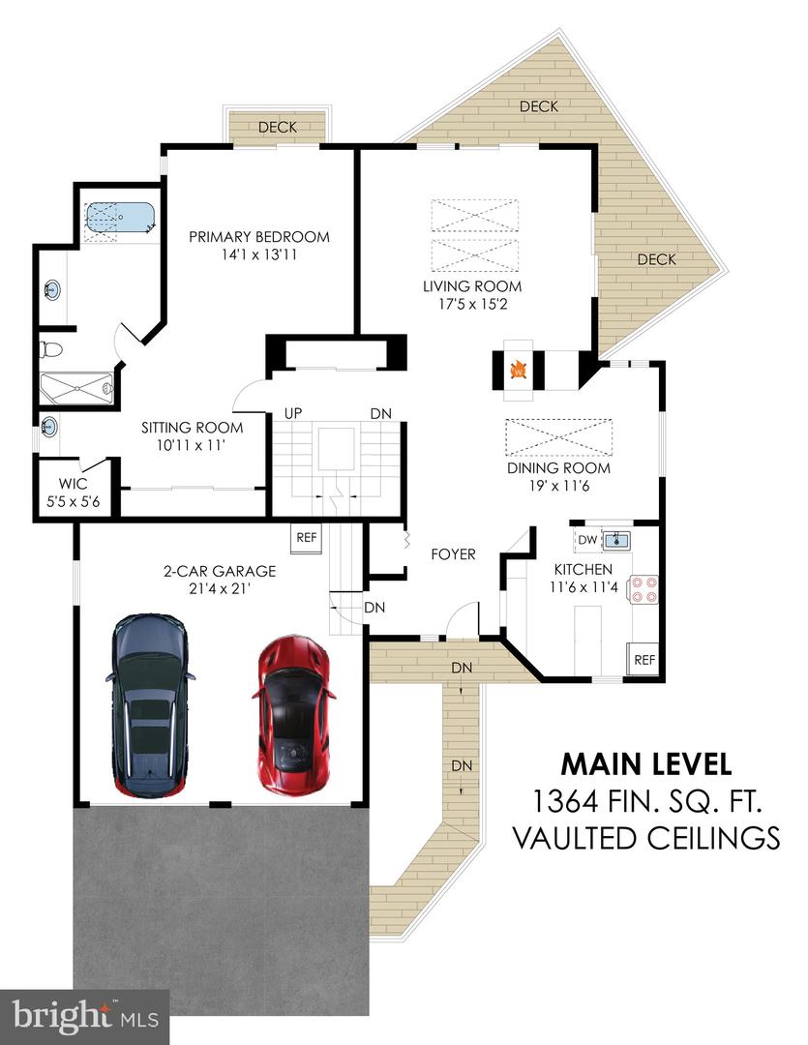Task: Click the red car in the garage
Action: pyautogui.click(x=292, y=716)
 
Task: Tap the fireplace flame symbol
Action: pyautogui.click(x=519, y=369)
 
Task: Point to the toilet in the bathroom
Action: pyautogui.click(x=51, y=349)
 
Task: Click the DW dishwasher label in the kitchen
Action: pyautogui.click(x=586, y=540)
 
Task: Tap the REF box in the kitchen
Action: pyautogui.click(x=643, y=660)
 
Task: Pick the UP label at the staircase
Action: pyautogui.click(x=293, y=413)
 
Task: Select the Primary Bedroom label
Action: pyautogui.click(x=258, y=237)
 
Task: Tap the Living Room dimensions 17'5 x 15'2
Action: pyautogui.click(x=472, y=303)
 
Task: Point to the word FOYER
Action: pyautogui.click(x=453, y=554)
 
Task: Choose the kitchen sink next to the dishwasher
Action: pyautogui.click(x=616, y=540)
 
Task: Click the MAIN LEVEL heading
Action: pyautogui.click(x=645, y=763)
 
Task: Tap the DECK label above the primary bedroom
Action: pyautogui.click(x=277, y=127)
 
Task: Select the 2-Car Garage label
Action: pyautogui.click(x=219, y=571)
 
